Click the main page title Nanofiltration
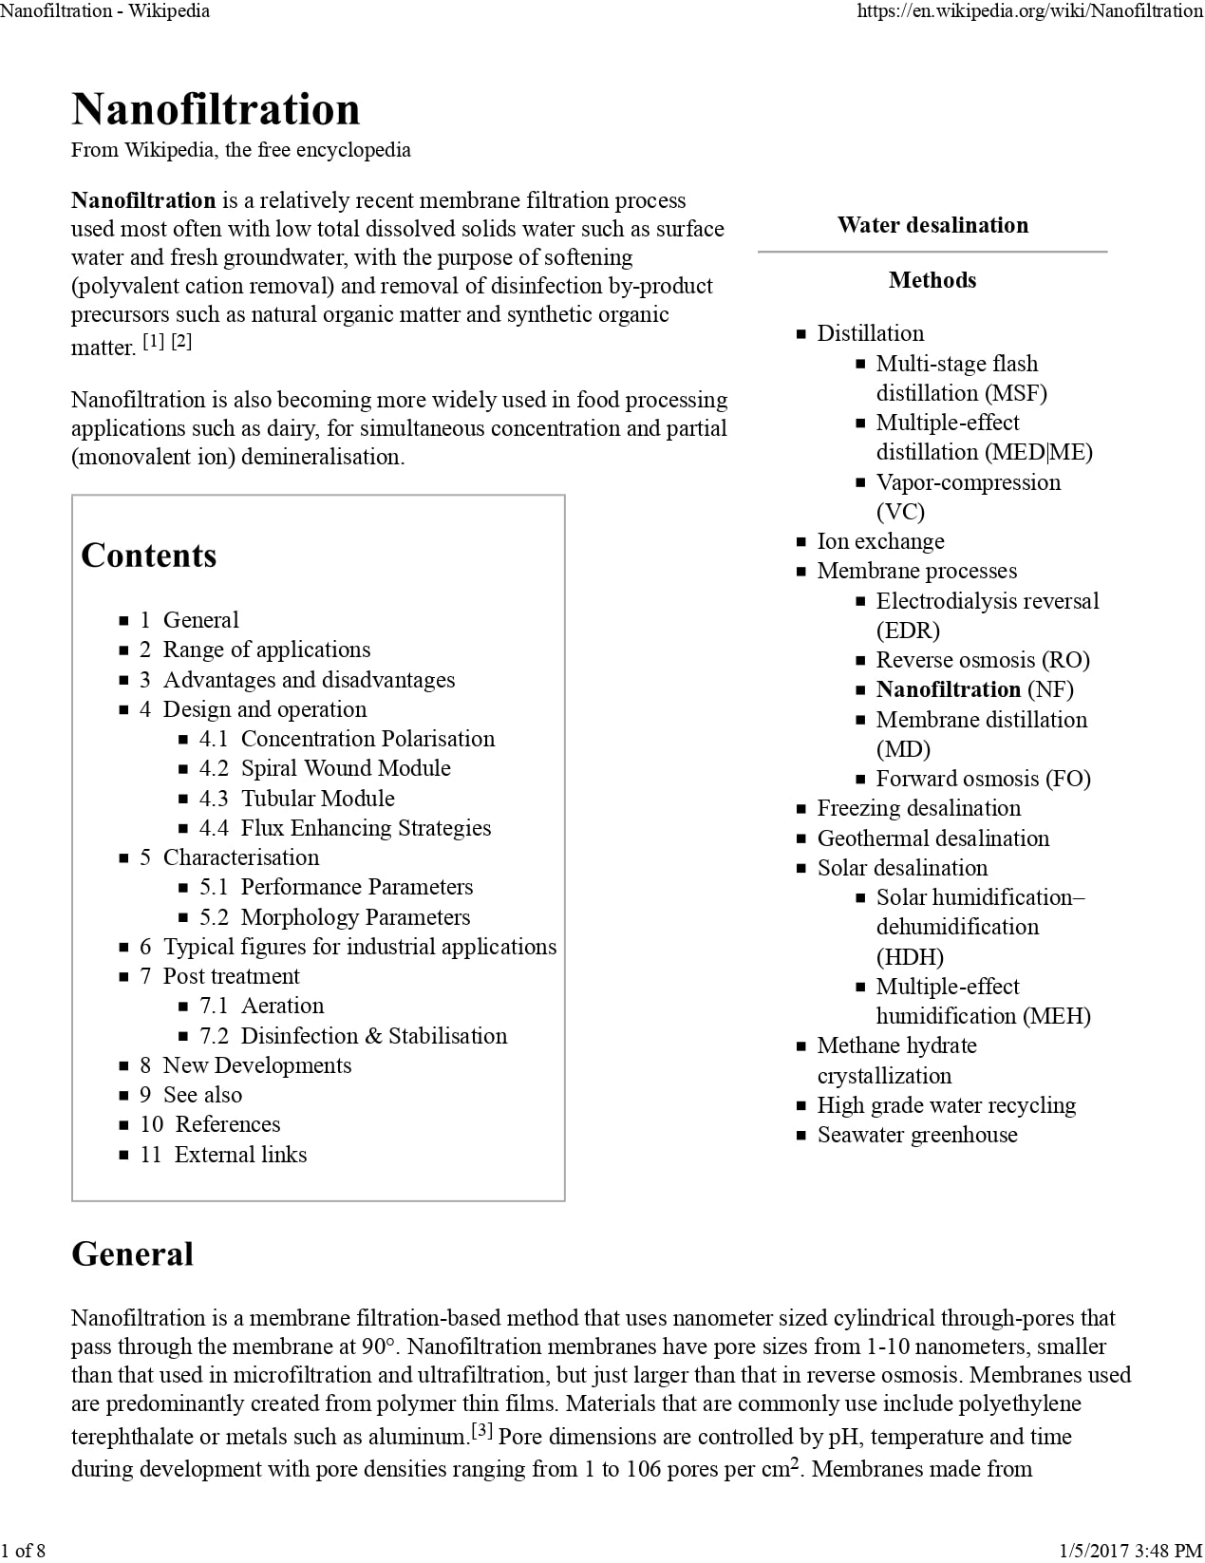click(216, 109)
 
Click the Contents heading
click(149, 556)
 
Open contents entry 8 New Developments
click(256, 1065)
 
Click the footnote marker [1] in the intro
click(153, 341)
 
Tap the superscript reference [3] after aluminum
click(481, 1430)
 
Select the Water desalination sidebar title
click(932, 225)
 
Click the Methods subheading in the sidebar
click(932, 280)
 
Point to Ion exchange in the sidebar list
click(880, 541)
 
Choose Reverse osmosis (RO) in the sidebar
click(983, 660)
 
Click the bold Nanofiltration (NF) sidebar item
click(974, 689)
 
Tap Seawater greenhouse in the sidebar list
click(917, 1135)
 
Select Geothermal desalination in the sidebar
click(932, 838)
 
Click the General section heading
click(132, 1253)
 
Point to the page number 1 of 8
click(23, 1551)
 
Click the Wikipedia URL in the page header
click(1029, 11)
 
